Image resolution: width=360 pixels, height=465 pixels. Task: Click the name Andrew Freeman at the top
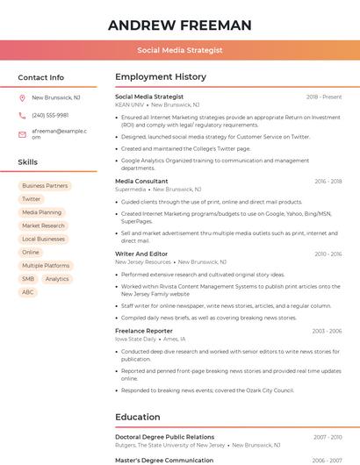tap(180, 25)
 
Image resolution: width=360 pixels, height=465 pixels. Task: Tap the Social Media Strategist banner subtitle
tap(180, 51)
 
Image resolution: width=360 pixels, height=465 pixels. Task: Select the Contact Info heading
tap(40, 77)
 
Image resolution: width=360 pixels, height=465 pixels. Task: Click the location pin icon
tap(22, 98)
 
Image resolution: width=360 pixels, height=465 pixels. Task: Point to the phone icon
tap(22, 116)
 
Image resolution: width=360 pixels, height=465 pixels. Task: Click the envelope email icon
tap(22, 134)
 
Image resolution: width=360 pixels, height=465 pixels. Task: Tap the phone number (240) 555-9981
tap(50, 116)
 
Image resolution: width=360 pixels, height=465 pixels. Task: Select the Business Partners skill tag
tap(45, 186)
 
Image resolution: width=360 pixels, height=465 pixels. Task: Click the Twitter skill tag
tap(32, 199)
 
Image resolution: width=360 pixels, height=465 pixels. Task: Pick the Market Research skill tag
tap(43, 225)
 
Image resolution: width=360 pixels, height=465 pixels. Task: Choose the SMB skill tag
tap(28, 279)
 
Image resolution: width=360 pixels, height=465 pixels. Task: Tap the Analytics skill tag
tap(57, 279)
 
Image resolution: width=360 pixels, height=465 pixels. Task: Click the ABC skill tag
tap(28, 292)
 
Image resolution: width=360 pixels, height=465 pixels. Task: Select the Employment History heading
tap(161, 77)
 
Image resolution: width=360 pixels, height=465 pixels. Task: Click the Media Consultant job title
tap(141, 182)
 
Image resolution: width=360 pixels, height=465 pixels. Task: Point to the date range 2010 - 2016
tap(328, 254)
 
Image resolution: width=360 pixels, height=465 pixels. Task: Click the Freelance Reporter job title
tap(144, 331)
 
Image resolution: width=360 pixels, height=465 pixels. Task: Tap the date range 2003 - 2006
tap(327, 332)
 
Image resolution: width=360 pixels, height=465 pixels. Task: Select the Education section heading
tap(138, 418)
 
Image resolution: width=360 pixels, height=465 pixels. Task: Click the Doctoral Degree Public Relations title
tap(164, 437)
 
